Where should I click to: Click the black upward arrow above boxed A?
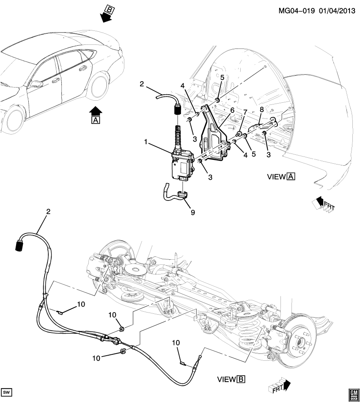[96, 111]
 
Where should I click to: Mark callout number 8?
[261, 109]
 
